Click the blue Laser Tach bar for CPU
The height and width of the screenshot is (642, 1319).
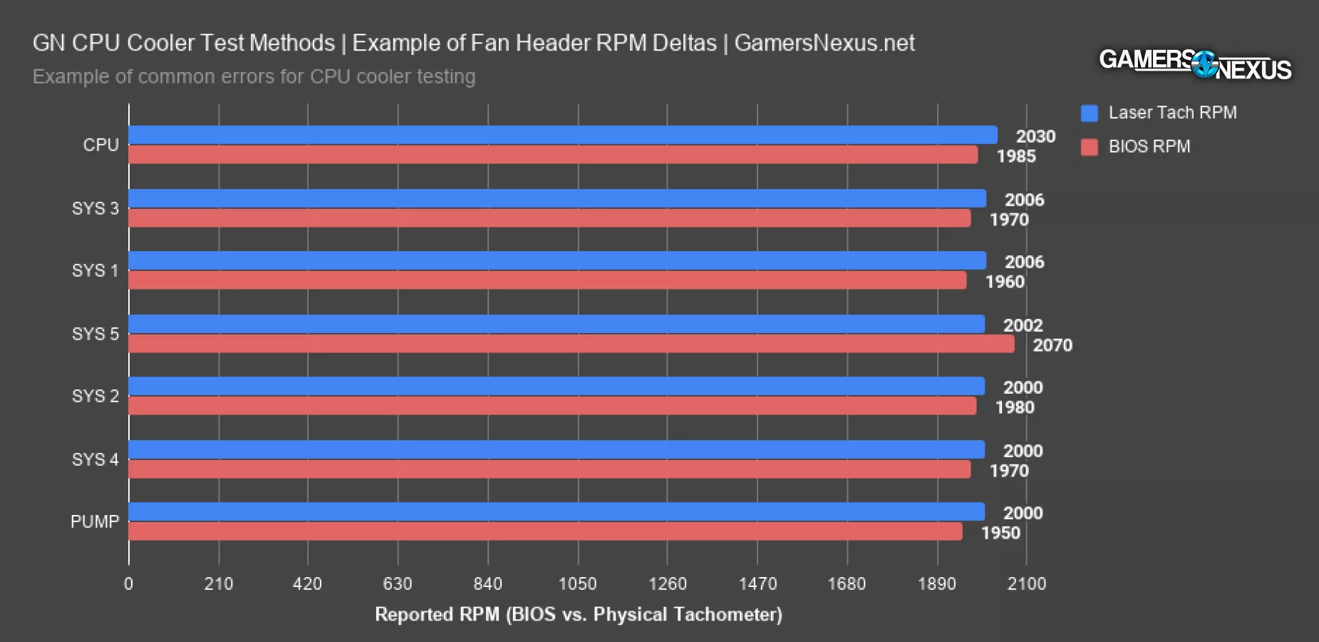pyautogui.click(x=563, y=135)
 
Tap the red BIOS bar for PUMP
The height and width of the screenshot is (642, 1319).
pyautogui.click(x=545, y=531)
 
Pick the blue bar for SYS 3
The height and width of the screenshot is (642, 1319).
pyautogui.click(x=557, y=198)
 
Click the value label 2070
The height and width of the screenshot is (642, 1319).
pyautogui.click(x=1052, y=345)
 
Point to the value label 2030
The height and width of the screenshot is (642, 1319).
pyautogui.click(x=1035, y=136)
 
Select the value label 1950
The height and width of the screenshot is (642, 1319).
pyautogui.click(x=1000, y=533)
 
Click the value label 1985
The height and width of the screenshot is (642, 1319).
pyautogui.click(x=1016, y=156)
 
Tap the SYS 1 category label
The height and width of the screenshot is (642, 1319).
pyautogui.click(x=95, y=271)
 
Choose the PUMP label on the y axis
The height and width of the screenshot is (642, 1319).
pyautogui.click(x=94, y=521)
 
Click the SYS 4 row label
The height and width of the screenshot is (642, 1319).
pyautogui.click(x=95, y=459)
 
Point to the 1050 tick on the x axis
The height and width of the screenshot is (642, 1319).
pyautogui.click(x=577, y=584)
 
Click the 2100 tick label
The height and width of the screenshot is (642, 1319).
pyautogui.click(x=1026, y=584)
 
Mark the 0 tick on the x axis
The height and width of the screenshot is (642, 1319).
pyautogui.click(x=128, y=584)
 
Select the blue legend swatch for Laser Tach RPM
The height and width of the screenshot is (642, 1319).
pyautogui.click(x=1089, y=113)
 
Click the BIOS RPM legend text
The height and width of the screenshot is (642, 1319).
pyautogui.click(x=1149, y=146)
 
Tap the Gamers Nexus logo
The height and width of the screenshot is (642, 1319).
pyautogui.click(x=1195, y=64)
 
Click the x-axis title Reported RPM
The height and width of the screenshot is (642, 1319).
pyautogui.click(x=578, y=614)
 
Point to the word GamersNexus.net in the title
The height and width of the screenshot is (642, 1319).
pyautogui.click(x=824, y=43)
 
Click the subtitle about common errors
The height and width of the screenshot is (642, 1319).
pyautogui.click(x=254, y=76)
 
